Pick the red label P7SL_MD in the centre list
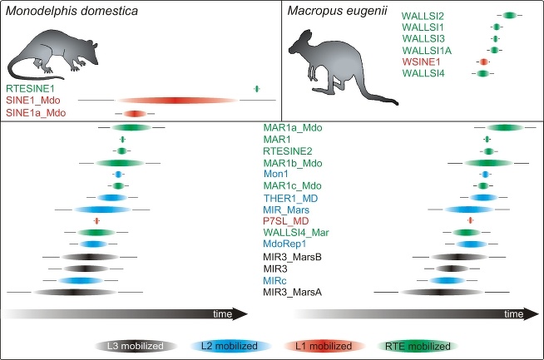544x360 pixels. pos(285,220)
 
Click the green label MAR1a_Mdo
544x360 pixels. pos(292,127)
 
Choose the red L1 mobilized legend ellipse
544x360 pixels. pos(319,346)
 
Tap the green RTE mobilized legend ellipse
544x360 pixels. pos(413,346)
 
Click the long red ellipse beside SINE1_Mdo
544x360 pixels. pos(176,101)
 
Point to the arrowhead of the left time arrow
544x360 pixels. pos(241,313)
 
